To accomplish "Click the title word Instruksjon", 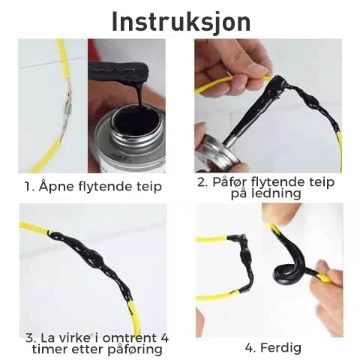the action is (181, 22).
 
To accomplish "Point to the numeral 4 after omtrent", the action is (163, 338).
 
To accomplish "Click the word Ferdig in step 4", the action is (280, 348).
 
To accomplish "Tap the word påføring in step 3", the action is (135, 349).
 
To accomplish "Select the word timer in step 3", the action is (46, 349).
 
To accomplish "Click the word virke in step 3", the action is (75, 338).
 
